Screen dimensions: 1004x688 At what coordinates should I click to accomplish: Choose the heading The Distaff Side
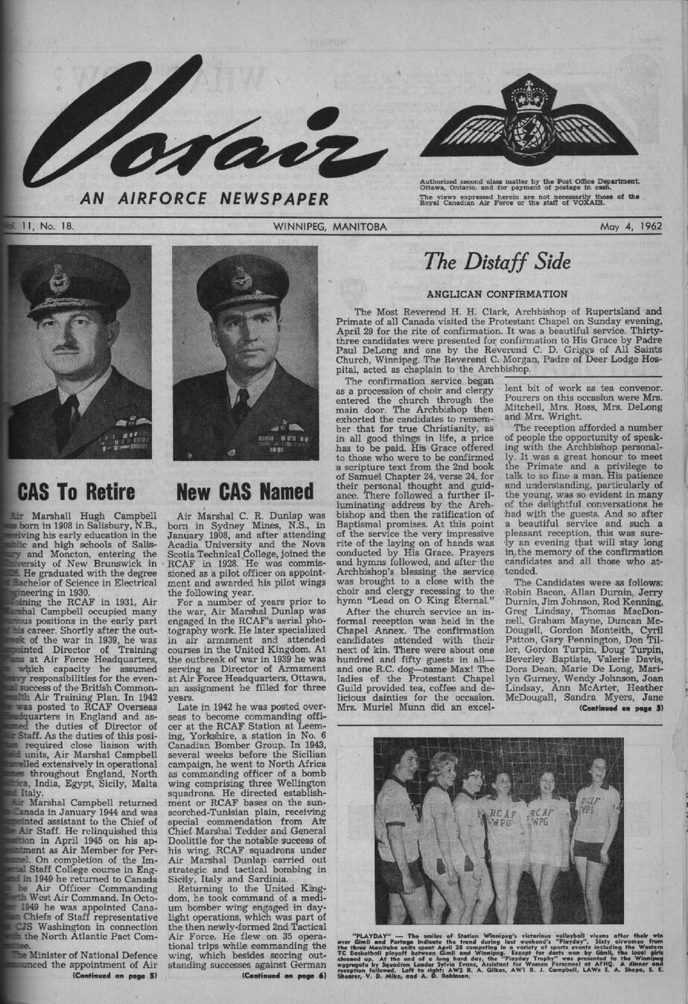pos(497,261)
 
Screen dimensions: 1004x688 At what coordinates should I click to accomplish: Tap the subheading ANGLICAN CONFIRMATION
pos(497,294)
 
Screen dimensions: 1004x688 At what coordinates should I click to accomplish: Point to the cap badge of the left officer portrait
pos(59,281)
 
